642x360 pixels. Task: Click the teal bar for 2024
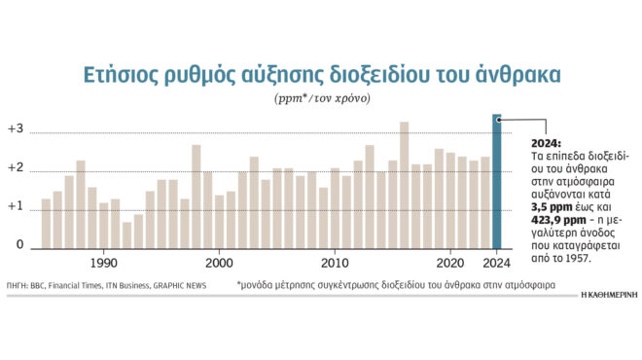pos(496,185)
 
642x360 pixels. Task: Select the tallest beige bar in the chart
pos(405,185)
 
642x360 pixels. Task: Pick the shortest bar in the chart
pos(126,234)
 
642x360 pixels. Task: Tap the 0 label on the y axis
pos(19,245)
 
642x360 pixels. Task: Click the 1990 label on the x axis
pos(104,263)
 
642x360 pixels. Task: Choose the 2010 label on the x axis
pos(335,263)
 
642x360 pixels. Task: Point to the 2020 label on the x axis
pos(450,263)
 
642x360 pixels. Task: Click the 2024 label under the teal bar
pos(497,263)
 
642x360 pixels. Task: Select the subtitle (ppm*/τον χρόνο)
pos(321,99)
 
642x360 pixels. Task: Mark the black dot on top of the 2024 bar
pos(498,119)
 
